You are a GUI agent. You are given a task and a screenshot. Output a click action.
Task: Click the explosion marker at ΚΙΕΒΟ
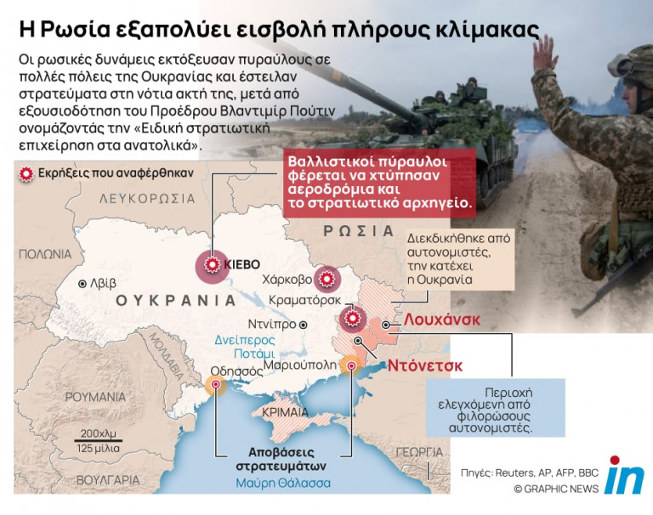pos(211,265)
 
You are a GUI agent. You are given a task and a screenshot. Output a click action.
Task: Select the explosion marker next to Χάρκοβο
pos(326,279)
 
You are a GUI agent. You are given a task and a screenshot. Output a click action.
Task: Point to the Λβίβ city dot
pos(82,284)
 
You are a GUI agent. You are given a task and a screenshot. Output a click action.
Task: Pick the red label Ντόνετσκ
pos(425,366)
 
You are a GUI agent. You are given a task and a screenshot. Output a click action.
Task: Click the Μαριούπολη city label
pos(298,365)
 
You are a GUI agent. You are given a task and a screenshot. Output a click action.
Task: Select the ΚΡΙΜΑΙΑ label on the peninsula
pos(284,411)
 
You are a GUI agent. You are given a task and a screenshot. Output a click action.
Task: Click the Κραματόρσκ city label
pos(304,299)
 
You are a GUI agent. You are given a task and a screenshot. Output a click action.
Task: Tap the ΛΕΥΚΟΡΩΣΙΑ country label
pos(147,198)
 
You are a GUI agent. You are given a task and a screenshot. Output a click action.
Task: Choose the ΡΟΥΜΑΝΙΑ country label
pos(96,397)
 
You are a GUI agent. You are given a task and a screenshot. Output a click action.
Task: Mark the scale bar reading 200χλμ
pos(99,433)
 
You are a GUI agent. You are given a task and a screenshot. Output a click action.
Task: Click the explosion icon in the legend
pos(26,173)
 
